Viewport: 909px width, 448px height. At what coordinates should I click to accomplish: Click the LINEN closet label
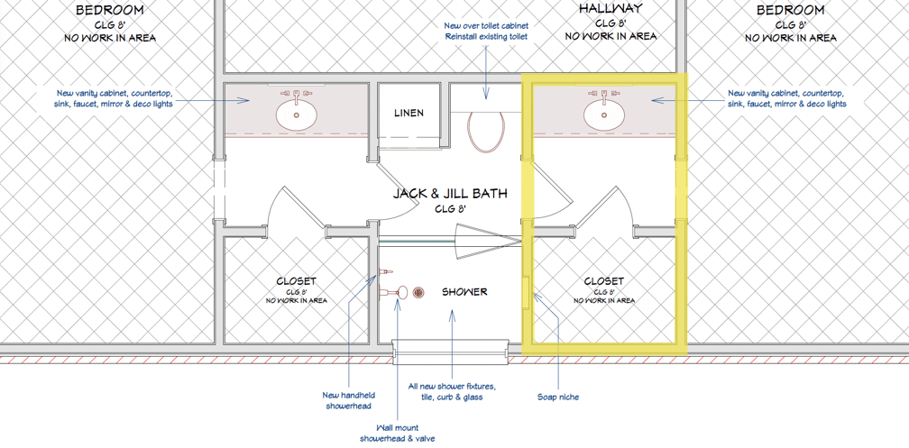click(409, 113)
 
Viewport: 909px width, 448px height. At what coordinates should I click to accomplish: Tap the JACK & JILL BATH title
click(450, 193)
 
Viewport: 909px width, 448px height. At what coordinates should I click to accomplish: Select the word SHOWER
click(464, 292)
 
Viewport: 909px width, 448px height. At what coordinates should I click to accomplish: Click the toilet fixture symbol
click(486, 132)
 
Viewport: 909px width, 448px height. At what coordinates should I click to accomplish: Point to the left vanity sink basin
click(296, 115)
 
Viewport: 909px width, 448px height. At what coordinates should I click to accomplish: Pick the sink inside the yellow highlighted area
click(604, 115)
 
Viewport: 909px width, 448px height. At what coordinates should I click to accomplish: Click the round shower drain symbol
click(418, 293)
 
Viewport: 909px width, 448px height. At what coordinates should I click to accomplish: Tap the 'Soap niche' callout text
click(557, 397)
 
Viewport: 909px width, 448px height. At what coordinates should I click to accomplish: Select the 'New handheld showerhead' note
click(348, 400)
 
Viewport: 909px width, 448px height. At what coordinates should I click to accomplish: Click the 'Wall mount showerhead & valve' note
click(397, 433)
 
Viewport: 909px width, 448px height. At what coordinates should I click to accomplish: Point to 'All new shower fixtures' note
click(452, 391)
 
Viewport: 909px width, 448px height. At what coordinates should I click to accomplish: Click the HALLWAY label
click(611, 9)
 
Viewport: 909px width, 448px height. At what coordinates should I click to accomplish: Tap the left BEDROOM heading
click(110, 11)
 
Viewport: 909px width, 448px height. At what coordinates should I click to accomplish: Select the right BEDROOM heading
click(790, 11)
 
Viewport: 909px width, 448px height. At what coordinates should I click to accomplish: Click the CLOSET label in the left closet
click(296, 281)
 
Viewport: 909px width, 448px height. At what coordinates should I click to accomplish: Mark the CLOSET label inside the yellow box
click(604, 281)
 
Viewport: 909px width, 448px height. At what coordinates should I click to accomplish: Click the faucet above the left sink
click(296, 95)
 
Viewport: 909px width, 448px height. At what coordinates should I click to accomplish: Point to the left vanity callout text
click(115, 98)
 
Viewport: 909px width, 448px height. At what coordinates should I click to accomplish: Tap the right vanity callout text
click(786, 98)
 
